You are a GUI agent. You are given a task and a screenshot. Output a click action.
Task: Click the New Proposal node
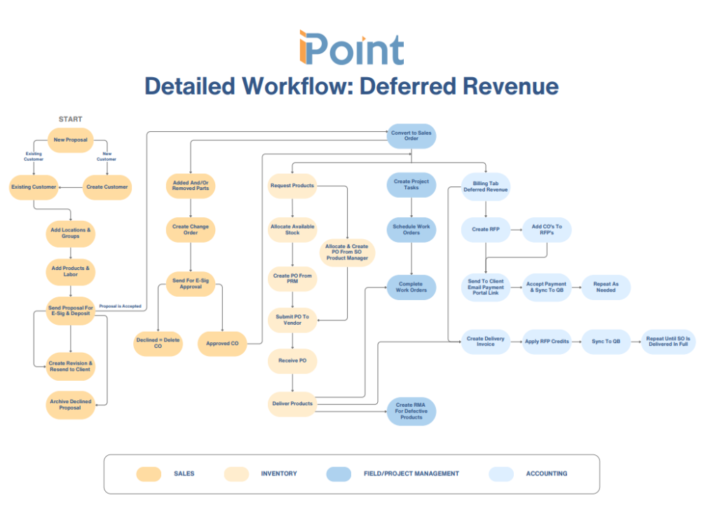pyautogui.click(x=70, y=140)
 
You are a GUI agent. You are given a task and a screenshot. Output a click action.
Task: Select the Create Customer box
pyautogui.click(x=107, y=187)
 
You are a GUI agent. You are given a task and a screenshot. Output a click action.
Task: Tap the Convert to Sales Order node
pyautogui.click(x=411, y=136)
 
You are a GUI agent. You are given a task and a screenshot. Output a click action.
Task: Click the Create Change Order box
pyautogui.click(x=191, y=230)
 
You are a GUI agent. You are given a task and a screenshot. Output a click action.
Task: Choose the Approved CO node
pyautogui.click(x=222, y=344)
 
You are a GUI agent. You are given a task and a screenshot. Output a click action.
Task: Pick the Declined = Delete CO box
pyautogui.click(x=158, y=344)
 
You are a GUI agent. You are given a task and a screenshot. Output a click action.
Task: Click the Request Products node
pyautogui.click(x=292, y=186)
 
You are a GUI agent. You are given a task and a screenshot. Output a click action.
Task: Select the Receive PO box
pyautogui.click(x=292, y=360)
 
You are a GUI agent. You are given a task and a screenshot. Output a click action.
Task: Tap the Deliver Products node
pyautogui.click(x=292, y=404)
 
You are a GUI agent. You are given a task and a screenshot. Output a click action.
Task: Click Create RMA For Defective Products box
pyautogui.click(x=411, y=411)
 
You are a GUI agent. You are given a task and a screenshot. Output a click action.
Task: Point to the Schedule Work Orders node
pyautogui.click(x=411, y=230)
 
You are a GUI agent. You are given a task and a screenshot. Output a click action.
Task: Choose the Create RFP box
pyautogui.click(x=485, y=229)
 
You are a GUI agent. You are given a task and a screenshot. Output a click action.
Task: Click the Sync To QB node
pyautogui.click(x=606, y=341)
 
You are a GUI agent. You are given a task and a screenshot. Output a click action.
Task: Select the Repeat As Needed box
pyautogui.click(x=606, y=287)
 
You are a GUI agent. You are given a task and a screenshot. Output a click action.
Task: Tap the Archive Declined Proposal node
pyautogui.click(x=70, y=405)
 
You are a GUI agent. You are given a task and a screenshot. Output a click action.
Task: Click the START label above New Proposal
pyautogui.click(x=70, y=119)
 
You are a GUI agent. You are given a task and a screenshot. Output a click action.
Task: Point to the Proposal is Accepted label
pyautogui.click(x=120, y=306)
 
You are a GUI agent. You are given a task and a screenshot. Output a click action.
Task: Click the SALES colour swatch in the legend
pyautogui.click(x=149, y=474)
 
